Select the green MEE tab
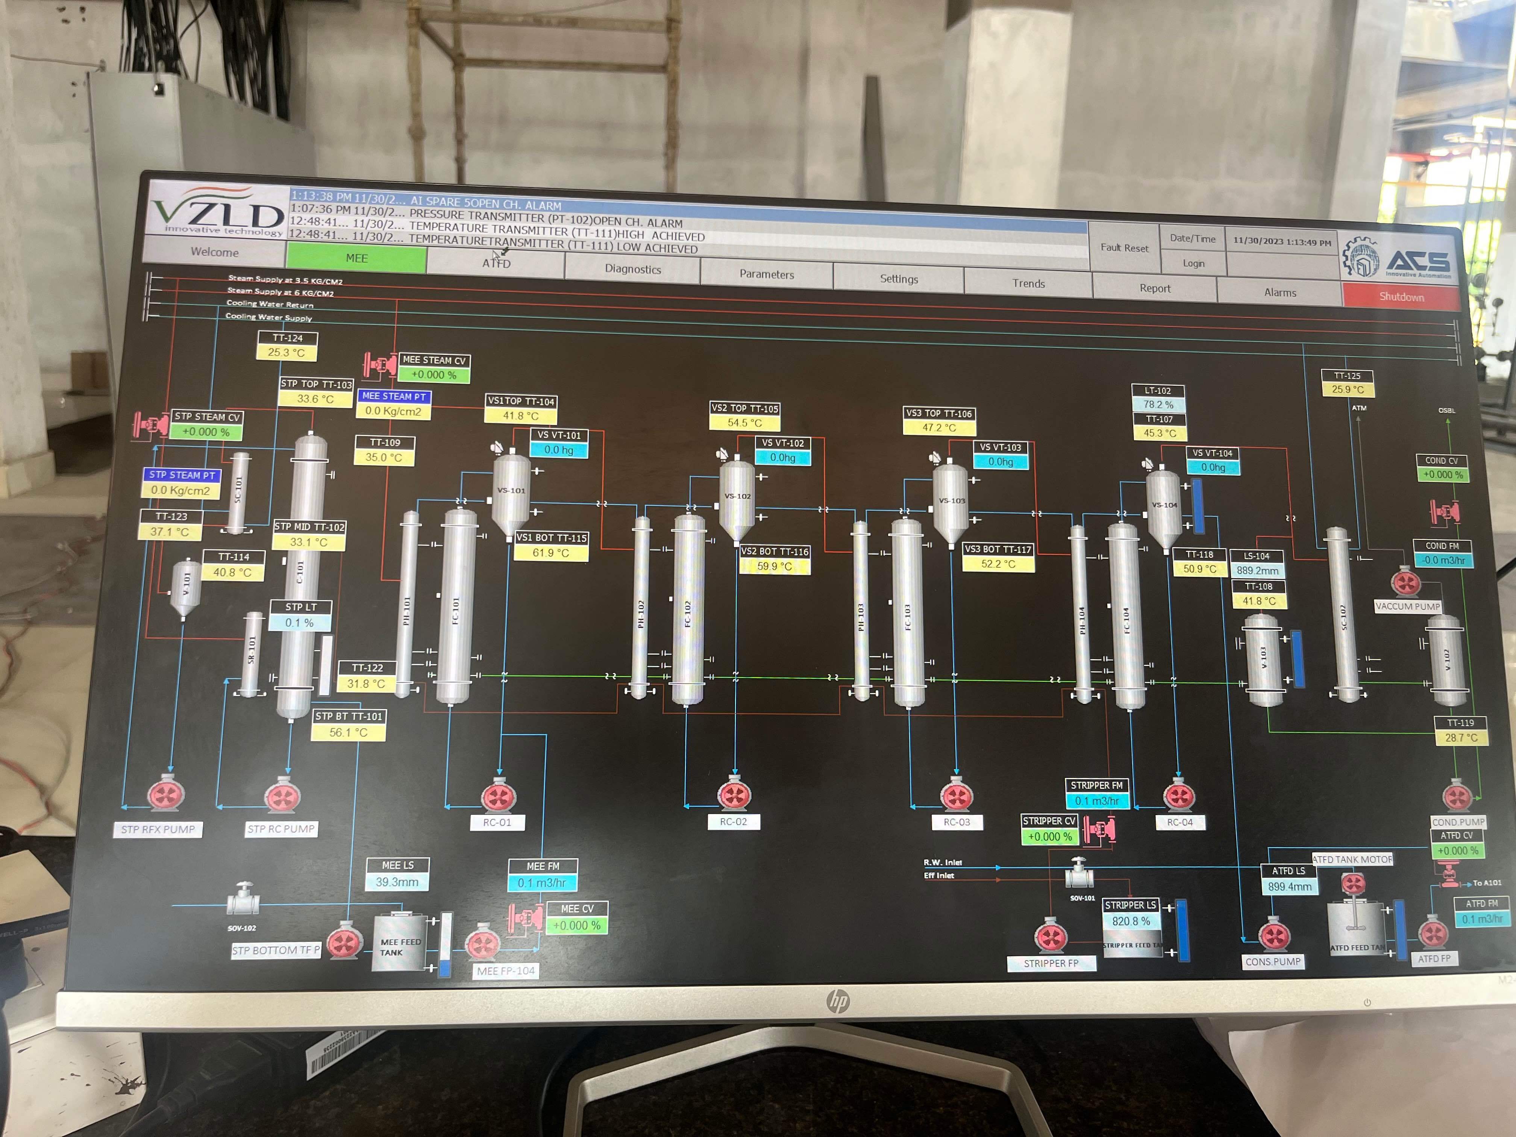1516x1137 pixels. [x=356, y=258]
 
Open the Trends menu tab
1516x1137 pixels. [x=1028, y=283]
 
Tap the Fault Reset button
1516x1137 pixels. [x=1124, y=247]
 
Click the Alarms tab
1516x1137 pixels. [x=1280, y=293]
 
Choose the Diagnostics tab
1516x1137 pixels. [x=632, y=269]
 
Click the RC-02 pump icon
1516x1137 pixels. [x=734, y=795]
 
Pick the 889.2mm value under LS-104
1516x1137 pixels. [x=1257, y=571]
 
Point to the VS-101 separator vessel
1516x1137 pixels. [x=511, y=491]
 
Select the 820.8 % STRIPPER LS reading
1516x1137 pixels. [x=1130, y=921]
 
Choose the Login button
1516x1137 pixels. [x=1193, y=263]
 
